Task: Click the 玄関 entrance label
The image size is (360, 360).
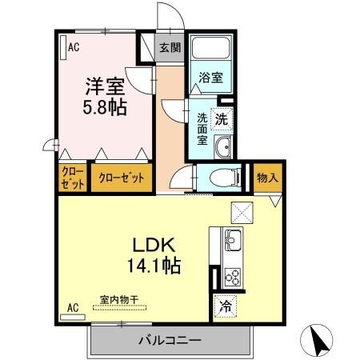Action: tap(169, 47)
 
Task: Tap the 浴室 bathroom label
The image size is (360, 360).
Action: tap(211, 78)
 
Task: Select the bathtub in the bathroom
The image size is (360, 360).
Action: tap(211, 51)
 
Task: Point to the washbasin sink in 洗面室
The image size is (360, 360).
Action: tap(223, 147)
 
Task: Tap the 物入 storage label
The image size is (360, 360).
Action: tap(266, 178)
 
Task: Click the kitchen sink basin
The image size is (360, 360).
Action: tap(231, 238)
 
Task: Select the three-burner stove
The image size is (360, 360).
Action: tap(231, 276)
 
